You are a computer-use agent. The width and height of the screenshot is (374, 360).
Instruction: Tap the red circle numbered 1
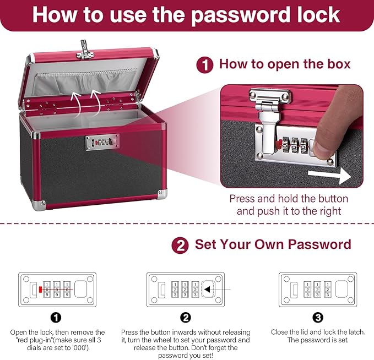(205, 65)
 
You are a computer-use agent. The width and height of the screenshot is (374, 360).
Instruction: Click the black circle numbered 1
(56, 318)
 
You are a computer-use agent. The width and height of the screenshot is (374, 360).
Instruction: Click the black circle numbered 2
(186, 318)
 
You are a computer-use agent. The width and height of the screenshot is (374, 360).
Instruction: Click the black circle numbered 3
(318, 318)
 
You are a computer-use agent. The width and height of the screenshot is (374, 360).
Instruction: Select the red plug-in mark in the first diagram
(41, 289)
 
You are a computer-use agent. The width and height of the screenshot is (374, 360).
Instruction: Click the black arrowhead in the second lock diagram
(205, 289)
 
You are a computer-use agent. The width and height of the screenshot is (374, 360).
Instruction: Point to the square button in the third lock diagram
(341, 289)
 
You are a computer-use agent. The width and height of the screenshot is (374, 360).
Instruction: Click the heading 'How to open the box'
(284, 64)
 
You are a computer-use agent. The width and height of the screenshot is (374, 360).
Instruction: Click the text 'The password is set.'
(318, 341)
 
